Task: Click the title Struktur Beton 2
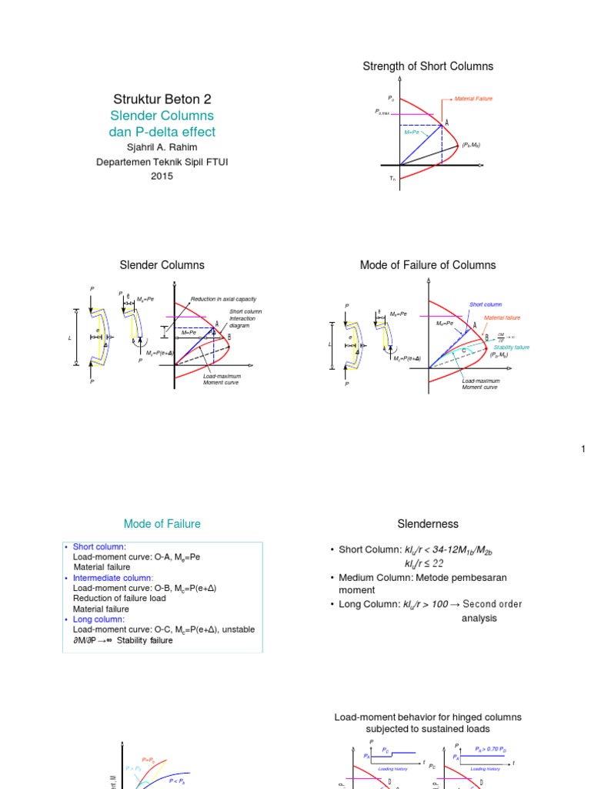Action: tap(162, 99)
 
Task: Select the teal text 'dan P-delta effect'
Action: tap(162, 132)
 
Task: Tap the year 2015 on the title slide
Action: tap(162, 176)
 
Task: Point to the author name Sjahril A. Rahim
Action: tap(162, 147)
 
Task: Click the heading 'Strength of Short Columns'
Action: tap(428, 66)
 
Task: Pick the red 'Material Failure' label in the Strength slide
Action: tap(472, 99)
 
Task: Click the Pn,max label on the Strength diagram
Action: tap(382, 112)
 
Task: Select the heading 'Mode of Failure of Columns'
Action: tap(428, 265)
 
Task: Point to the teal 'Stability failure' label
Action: tap(511, 347)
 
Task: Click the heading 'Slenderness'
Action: tap(428, 524)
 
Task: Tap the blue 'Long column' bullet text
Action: tap(101, 619)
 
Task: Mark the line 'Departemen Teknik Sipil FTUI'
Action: tap(162, 162)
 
